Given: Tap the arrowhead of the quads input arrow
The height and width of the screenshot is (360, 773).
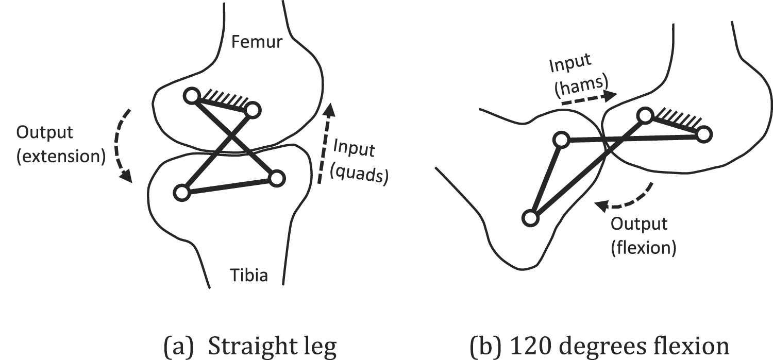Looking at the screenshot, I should (330, 109).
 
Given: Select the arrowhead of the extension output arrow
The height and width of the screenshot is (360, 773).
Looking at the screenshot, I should (125, 176).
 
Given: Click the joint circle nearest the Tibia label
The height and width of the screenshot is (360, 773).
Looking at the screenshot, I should (276, 178).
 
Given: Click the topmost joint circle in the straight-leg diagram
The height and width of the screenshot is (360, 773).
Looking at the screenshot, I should (192, 95).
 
